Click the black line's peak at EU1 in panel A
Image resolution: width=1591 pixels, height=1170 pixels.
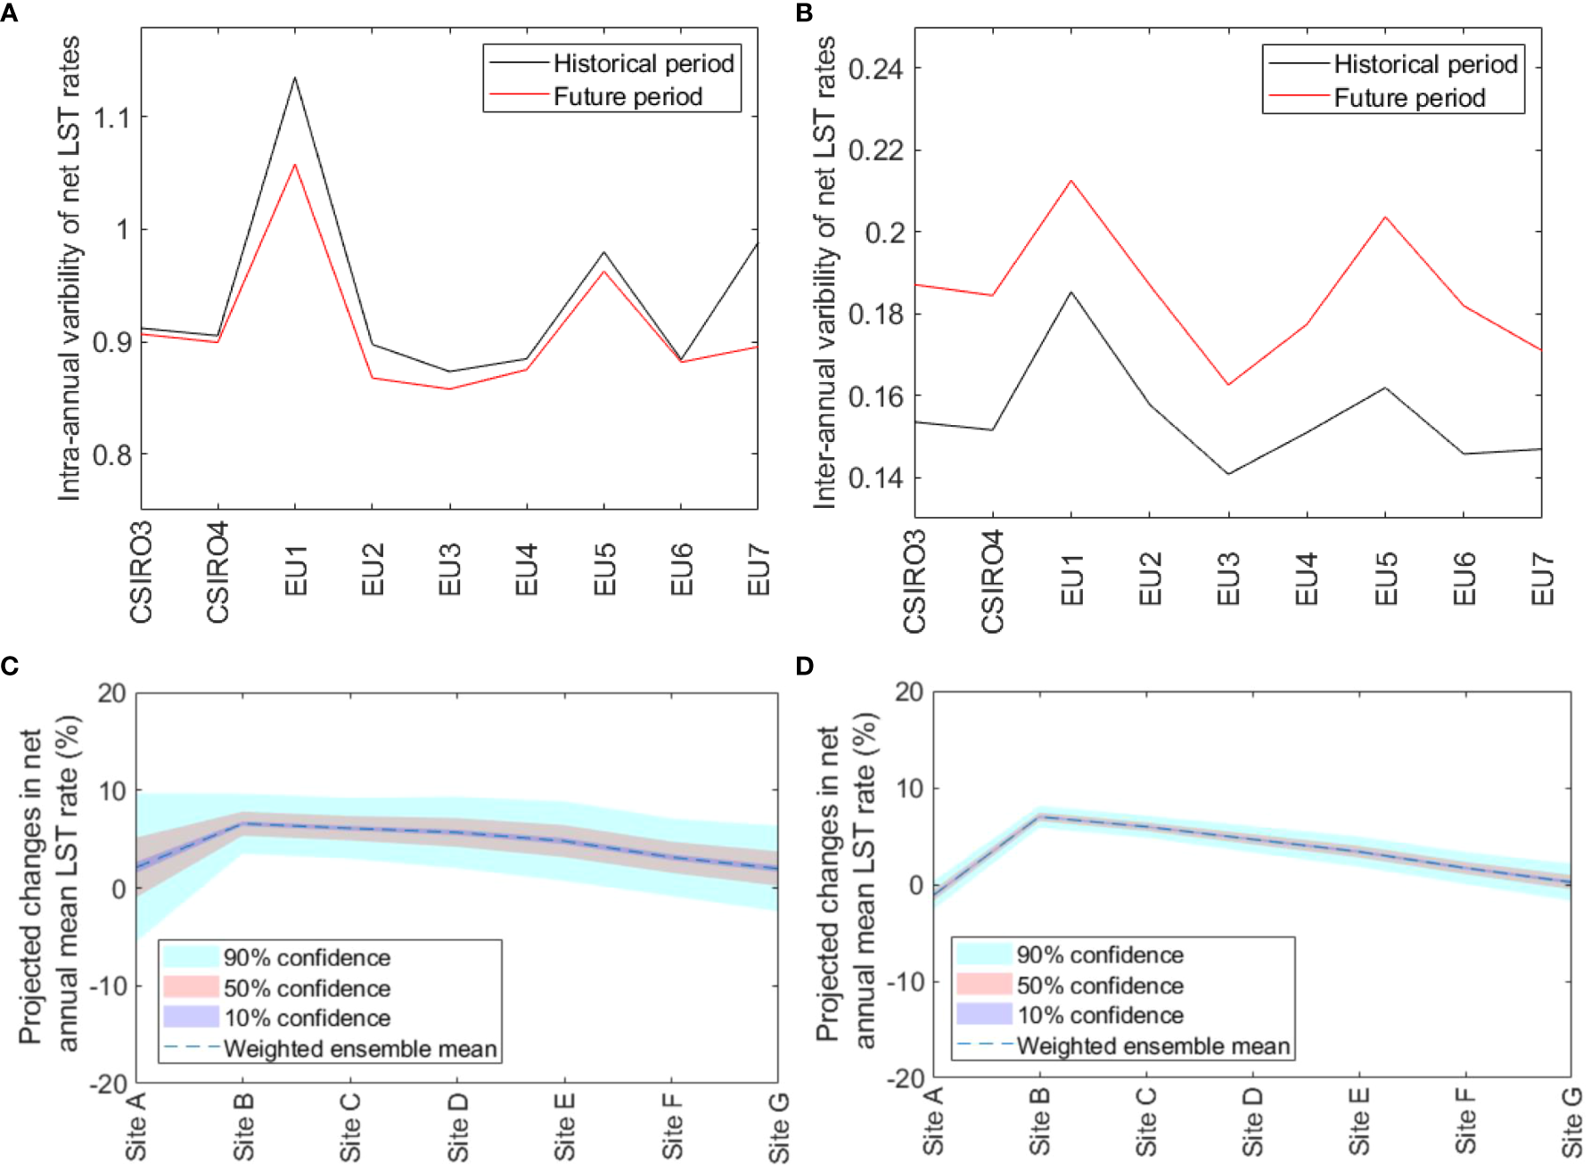tap(295, 78)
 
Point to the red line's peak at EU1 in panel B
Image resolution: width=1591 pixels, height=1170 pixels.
tap(1071, 181)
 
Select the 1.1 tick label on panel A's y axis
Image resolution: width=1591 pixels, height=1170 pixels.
tap(111, 117)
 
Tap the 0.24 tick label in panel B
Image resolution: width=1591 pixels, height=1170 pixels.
tap(874, 69)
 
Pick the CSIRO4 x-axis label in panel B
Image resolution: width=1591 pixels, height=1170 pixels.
tap(993, 581)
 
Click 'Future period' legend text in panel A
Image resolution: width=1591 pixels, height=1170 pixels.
tap(627, 96)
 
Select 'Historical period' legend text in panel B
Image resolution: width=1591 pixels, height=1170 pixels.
tap(1425, 64)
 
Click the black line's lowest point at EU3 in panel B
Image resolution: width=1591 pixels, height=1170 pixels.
tap(1228, 473)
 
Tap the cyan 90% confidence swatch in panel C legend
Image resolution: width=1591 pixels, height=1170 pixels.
tap(191, 957)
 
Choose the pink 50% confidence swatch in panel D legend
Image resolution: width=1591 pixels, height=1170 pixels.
tap(984, 985)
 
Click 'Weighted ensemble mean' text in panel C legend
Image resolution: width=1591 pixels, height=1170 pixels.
tap(360, 1049)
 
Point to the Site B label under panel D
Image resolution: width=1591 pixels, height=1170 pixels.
tap(1039, 1121)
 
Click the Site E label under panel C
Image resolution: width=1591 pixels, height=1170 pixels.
tap(564, 1126)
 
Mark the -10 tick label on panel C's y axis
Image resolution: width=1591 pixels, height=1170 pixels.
tap(109, 986)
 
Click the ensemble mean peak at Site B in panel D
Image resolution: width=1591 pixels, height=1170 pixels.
tap(1039, 816)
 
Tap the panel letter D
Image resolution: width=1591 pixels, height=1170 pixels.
tap(804, 666)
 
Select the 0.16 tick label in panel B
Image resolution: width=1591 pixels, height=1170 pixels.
tap(874, 396)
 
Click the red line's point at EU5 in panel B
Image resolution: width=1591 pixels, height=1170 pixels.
tap(1385, 217)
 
